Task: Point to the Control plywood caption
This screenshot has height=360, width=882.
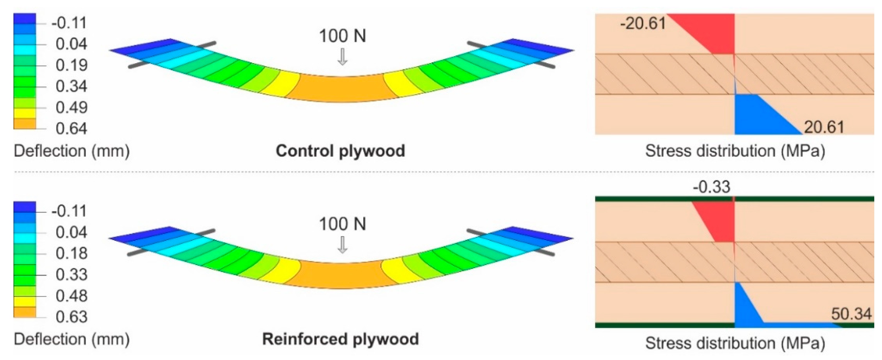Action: [x=340, y=151]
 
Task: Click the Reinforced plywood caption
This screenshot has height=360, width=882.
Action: [x=340, y=339]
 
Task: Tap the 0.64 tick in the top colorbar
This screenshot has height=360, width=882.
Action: [x=71, y=129]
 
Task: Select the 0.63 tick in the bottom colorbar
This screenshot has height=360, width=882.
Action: [x=71, y=317]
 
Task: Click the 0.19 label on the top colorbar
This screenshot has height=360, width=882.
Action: [x=71, y=65]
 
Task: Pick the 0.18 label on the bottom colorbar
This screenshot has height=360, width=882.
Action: [x=71, y=254]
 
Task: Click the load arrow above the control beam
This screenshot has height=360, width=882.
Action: [x=342, y=57]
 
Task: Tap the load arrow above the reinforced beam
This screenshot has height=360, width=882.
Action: [x=342, y=245]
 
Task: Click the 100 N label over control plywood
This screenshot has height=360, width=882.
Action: [x=342, y=36]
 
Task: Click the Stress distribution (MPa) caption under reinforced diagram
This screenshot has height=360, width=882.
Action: [x=735, y=343]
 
